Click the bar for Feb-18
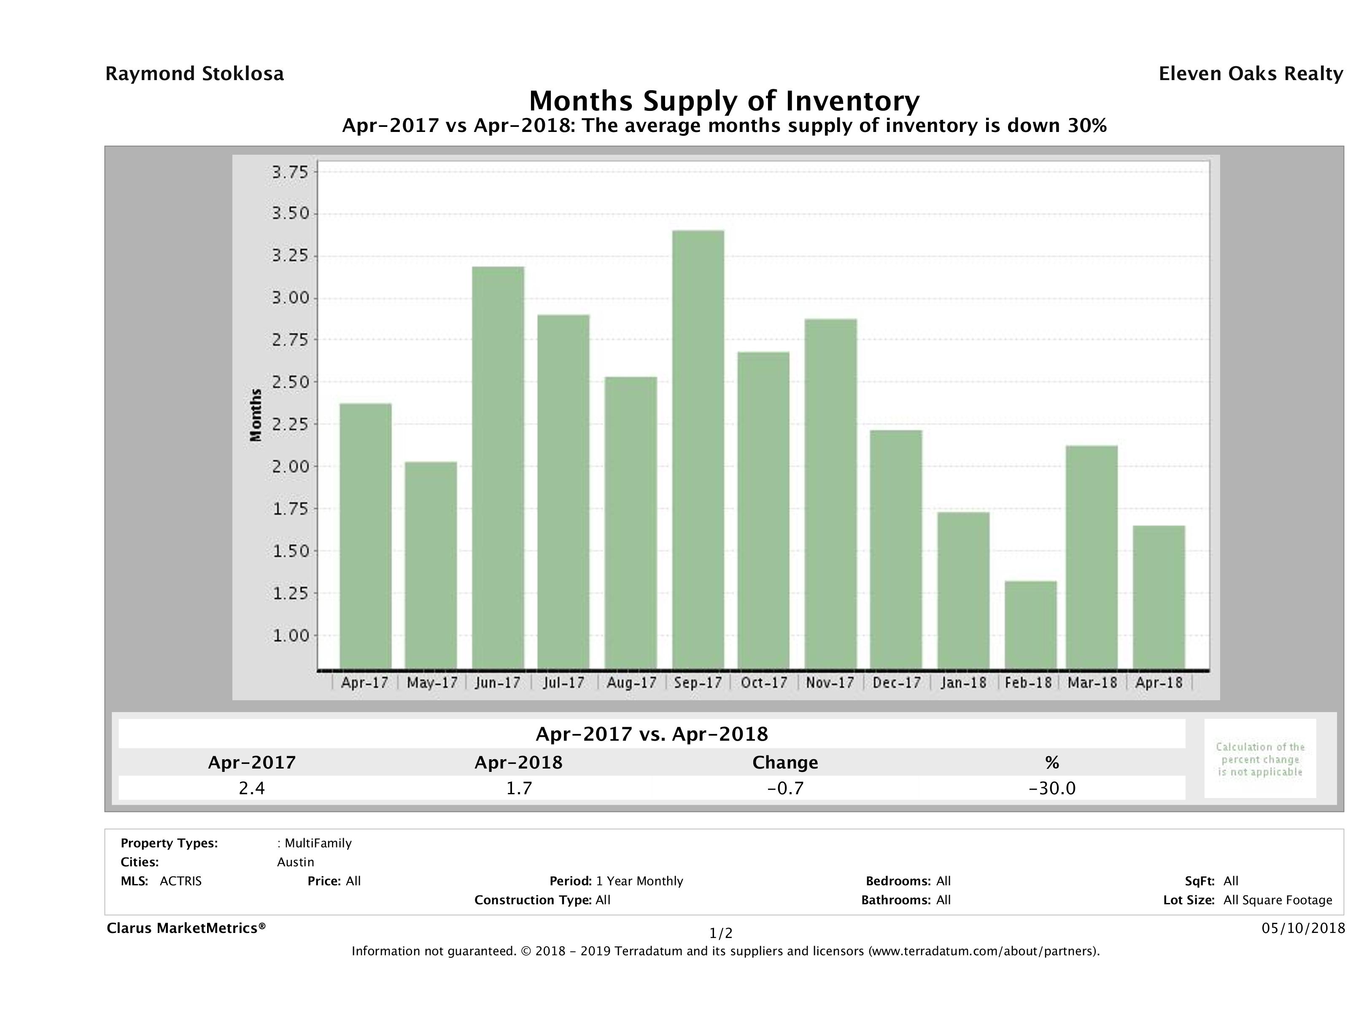[x=1031, y=625]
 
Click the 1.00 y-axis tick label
[x=291, y=635]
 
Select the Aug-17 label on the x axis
[x=631, y=683]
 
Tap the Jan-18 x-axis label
[x=964, y=683]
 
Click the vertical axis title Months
[x=256, y=415]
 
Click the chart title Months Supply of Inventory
[x=724, y=101]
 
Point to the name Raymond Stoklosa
[x=194, y=74]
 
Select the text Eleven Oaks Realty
[x=1250, y=74]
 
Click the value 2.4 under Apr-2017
[x=252, y=788]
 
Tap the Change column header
[x=785, y=763]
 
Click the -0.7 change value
[x=785, y=788]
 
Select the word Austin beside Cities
[x=295, y=862]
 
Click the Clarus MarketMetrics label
[x=186, y=928]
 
